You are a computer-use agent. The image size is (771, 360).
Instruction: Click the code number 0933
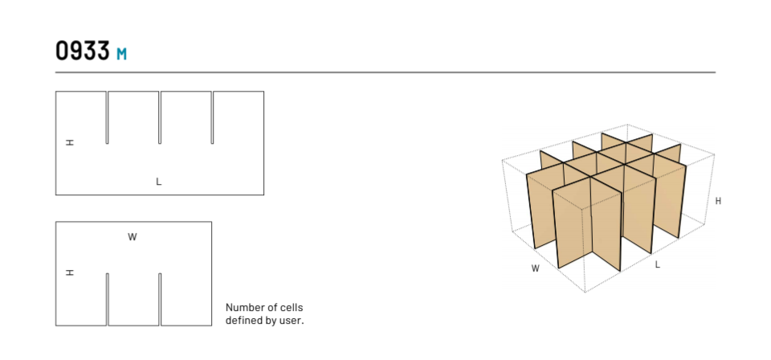point(82,51)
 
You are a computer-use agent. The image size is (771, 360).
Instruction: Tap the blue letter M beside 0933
point(121,55)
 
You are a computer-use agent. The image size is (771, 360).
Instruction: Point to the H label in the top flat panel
point(70,142)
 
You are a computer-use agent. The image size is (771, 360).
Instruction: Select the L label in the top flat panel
point(159,182)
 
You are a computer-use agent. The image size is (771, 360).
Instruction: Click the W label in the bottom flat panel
point(133,237)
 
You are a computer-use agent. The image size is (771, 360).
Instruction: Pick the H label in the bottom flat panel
point(70,273)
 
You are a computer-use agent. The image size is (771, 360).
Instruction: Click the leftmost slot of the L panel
point(107,117)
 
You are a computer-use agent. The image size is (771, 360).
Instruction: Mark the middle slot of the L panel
point(160,117)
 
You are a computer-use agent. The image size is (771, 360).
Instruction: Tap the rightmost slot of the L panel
point(213,117)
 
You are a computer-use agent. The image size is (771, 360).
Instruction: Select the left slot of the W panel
point(107,299)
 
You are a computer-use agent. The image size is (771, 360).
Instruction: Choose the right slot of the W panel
point(160,299)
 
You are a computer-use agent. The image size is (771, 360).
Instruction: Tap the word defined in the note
point(243,321)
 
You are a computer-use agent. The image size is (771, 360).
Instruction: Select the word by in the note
point(269,321)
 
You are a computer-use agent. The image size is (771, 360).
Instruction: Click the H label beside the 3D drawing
point(718,201)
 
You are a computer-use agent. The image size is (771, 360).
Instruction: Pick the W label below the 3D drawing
point(535,268)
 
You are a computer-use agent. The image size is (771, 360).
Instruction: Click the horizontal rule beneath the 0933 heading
point(385,72)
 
